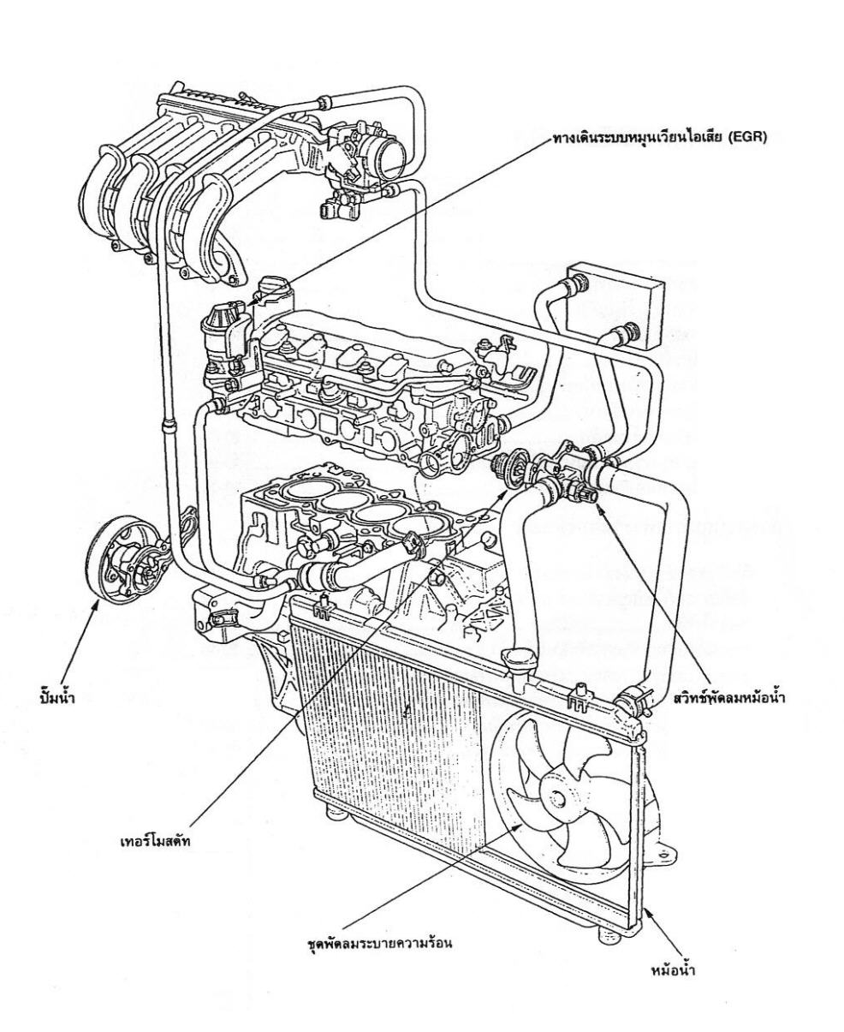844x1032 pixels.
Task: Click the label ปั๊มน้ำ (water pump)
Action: point(56,697)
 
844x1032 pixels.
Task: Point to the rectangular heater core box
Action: point(615,307)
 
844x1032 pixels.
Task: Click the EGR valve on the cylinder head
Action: point(226,337)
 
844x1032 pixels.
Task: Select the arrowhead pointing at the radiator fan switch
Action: point(597,508)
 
